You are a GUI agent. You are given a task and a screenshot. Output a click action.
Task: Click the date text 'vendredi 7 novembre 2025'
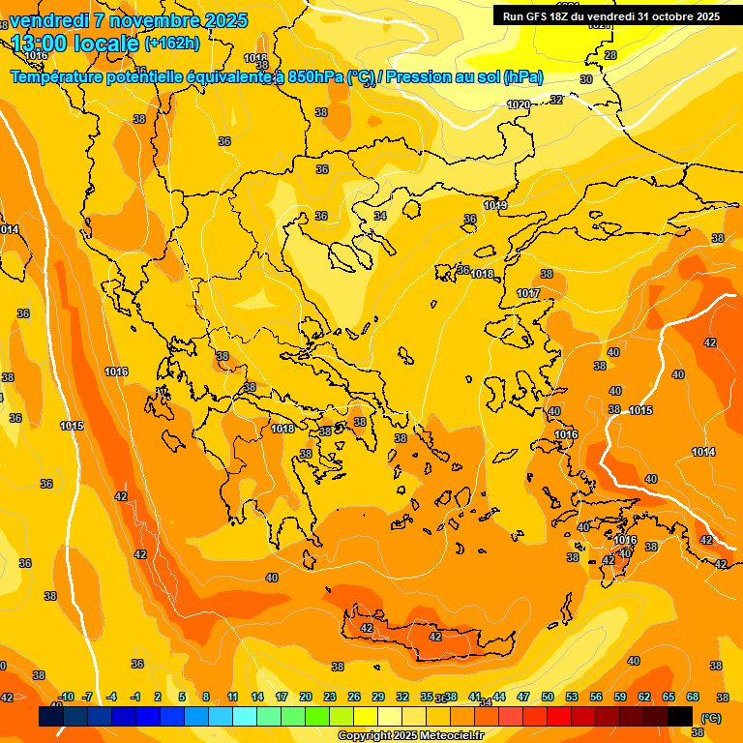coord(128,19)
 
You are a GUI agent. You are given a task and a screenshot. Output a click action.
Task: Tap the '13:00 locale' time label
coord(75,43)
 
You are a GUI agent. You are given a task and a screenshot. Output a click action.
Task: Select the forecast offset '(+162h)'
coord(172,43)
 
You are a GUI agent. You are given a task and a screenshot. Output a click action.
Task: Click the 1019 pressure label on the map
coord(495,205)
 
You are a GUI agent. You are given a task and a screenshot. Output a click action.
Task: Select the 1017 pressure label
coord(528,293)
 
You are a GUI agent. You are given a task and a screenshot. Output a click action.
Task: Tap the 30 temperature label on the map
coord(585,79)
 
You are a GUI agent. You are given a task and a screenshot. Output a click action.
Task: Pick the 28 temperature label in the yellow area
coord(609,56)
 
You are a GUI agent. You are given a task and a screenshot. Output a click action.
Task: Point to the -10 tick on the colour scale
coord(66,697)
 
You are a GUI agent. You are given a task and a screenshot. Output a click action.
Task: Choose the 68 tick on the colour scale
coord(693,697)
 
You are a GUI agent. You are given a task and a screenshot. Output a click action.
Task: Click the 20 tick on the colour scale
coord(305,697)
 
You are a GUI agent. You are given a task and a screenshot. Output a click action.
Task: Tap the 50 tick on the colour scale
coord(548,697)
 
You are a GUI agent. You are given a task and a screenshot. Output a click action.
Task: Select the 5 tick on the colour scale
coord(182,697)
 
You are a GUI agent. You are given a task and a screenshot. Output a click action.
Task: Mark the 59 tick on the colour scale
coord(620,697)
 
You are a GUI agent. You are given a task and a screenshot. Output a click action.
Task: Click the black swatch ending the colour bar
coord(680,716)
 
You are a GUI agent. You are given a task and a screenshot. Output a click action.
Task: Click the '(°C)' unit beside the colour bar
coord(711,718)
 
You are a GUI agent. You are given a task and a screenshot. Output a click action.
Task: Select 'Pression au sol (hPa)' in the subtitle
coord(462,77)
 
